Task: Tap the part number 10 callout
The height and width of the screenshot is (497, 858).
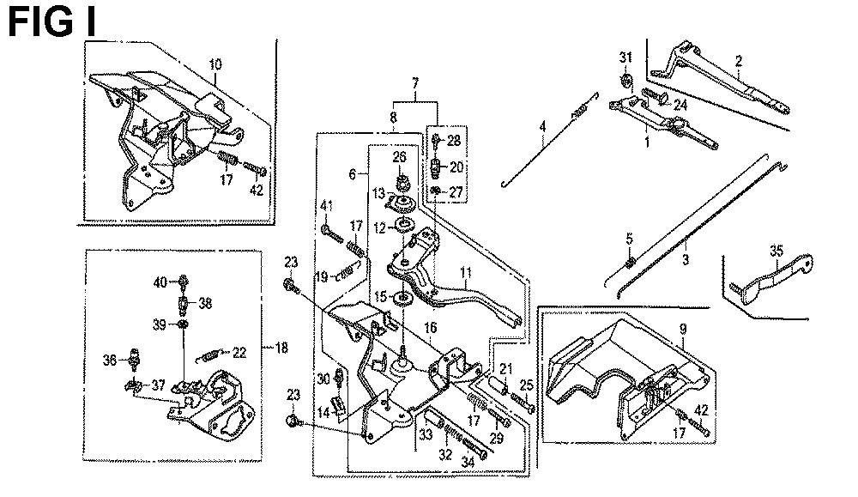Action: tap(215, 64)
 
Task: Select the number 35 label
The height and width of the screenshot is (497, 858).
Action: tap(776, 251)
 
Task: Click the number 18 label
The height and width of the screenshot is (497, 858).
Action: tap(281, 349)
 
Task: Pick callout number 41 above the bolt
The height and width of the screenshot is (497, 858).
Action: tap(327, 206)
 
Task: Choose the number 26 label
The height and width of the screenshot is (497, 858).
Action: tap(400, 157)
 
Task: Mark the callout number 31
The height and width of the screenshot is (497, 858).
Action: tap(625, 57)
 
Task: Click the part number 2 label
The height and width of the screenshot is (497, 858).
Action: tap(739, 61)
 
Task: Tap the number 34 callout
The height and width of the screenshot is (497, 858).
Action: tap(468, 463)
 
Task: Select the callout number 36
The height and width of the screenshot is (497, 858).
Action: tap(110, 361)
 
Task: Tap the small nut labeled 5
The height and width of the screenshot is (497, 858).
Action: tap(631, 264)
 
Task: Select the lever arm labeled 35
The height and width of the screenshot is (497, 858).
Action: tap(771, 278)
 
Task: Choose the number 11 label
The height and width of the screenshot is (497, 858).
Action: tap(466, 272)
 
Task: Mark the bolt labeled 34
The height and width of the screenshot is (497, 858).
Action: tap(474, 450)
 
